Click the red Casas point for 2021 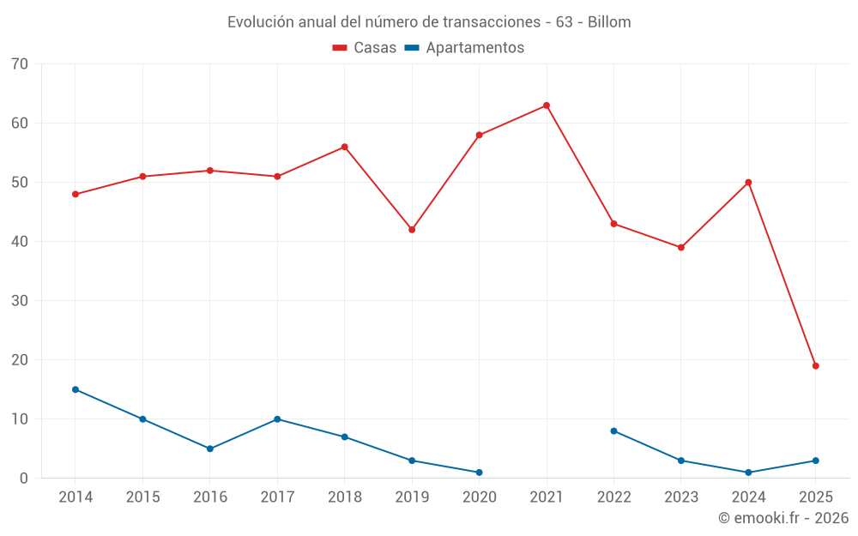(547, 105)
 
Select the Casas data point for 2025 (816, 366)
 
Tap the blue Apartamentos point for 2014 (76, 389)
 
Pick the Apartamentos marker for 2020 (479, 473)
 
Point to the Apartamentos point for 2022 (613, 431)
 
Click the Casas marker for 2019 (412, 230)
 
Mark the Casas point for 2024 (748, 183)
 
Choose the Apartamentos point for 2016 (210, 449)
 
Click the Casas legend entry (366, 48)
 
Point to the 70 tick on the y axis (20, 64)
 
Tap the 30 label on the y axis (20, 301)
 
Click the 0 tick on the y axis (24, 479)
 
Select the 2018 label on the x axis (344, 497)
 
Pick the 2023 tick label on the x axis (681, 497)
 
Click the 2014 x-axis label (76, 497)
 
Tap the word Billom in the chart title (609, 22)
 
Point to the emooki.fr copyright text (783, 518)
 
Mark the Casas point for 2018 (344, 147)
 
